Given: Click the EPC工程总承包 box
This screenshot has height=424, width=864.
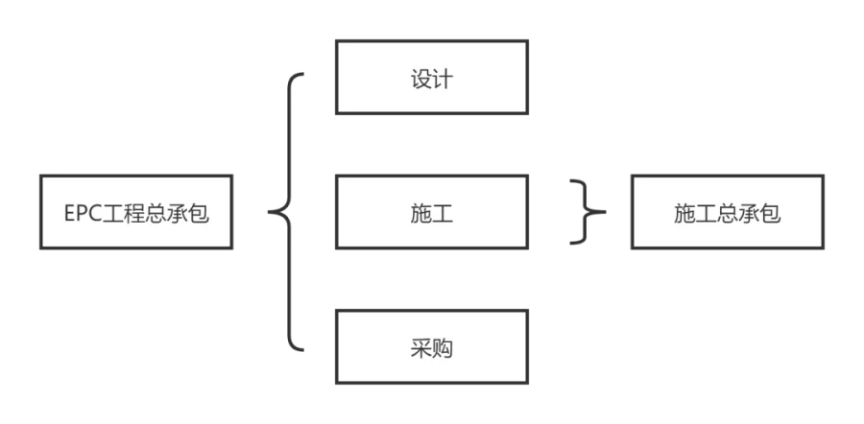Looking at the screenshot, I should point(136,213).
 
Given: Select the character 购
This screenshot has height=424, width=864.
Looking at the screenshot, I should point(442,348).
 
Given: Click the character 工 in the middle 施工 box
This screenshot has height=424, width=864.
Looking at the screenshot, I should point(442,213).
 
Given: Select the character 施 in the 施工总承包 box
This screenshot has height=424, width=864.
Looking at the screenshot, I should point(684,213).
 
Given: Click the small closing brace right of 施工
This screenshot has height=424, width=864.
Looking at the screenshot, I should point(587,211).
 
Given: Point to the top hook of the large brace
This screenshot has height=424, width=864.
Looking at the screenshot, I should point(299,74).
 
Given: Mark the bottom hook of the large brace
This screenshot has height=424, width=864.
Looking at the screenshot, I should point(299,349).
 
